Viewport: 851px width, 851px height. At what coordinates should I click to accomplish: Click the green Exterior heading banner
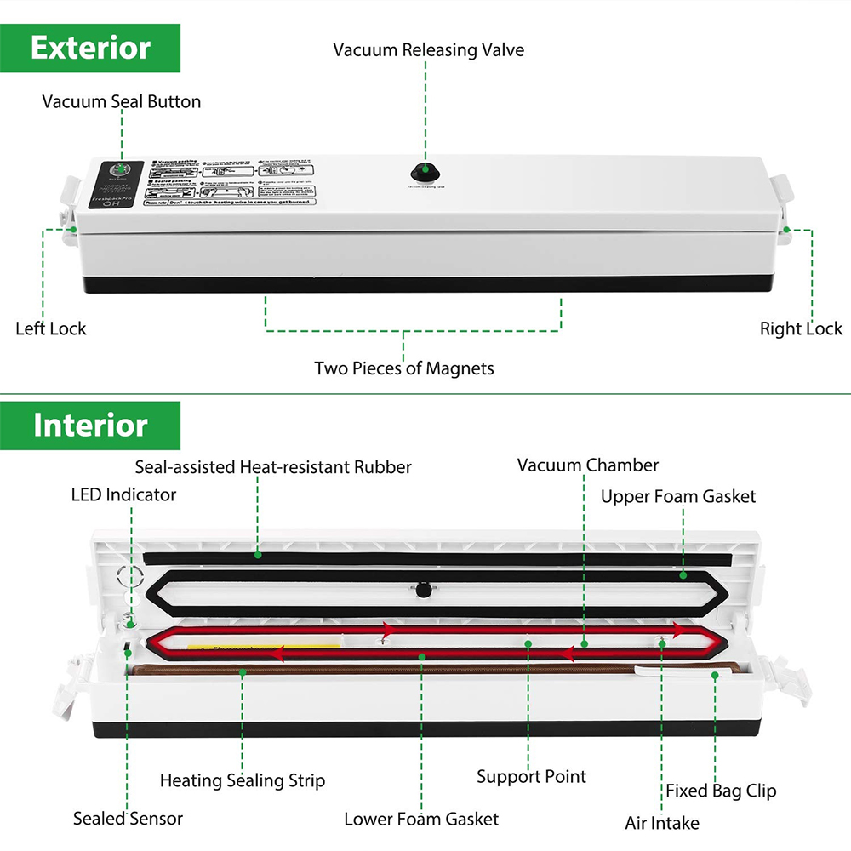point(90,49)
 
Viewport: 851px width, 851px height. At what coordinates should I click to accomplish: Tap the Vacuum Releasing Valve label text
point(428,50)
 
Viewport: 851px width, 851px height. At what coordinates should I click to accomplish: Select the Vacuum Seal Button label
point(122,102)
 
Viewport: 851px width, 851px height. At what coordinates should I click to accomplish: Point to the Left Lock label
point(51,328)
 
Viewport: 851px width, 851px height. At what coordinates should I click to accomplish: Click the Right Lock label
point(801,328)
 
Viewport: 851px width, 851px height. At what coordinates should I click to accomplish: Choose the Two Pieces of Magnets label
point(403,368)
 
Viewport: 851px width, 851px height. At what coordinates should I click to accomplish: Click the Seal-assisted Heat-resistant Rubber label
point(273,467)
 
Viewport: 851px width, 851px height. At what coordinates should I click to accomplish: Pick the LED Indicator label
point(123,494)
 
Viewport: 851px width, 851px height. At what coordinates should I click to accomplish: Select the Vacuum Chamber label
point(588,465)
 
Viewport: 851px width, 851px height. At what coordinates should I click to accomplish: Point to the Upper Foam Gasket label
point(678,496)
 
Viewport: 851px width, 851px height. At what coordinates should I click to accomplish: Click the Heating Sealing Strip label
point(243,780)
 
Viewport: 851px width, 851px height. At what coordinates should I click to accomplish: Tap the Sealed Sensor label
point(128,820)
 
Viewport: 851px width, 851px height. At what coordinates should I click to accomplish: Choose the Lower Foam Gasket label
point(421,820)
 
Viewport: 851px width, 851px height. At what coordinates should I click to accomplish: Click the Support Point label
point(531,776)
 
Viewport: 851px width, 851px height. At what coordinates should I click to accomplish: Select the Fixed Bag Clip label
point(721,791)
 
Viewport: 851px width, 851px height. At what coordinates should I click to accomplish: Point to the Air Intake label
point(662,823)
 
